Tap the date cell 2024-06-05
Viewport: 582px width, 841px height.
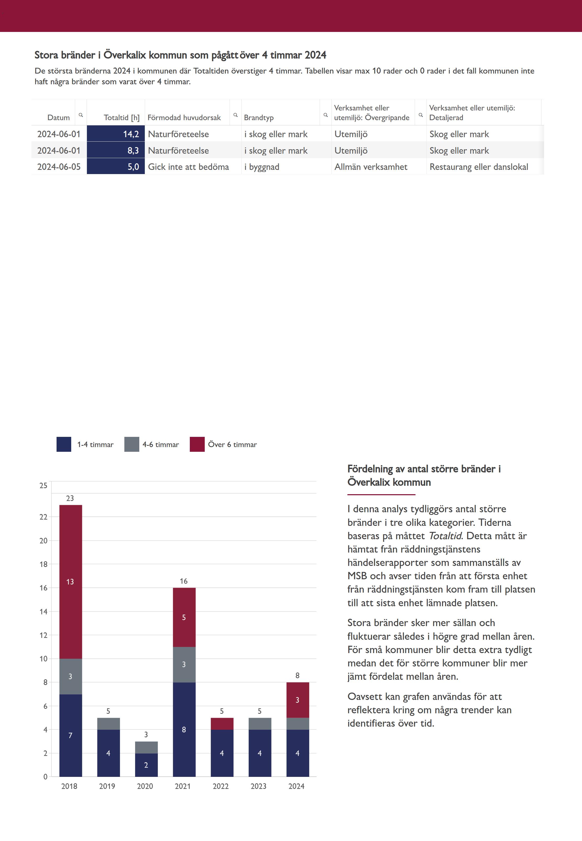59,167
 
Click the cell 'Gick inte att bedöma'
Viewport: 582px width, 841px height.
188,167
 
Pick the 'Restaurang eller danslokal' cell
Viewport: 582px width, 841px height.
478,167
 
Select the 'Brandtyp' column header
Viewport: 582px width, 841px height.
259,117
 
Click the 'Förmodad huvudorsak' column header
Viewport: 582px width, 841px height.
184,117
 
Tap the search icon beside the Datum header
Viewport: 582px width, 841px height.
81,115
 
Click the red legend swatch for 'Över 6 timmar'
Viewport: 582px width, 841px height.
197,444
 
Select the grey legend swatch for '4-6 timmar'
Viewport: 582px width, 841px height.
132,444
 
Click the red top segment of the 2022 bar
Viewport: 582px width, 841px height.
222,724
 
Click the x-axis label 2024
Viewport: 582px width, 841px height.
296,786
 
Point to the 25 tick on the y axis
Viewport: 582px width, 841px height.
43,486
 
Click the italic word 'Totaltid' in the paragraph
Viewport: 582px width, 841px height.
445,536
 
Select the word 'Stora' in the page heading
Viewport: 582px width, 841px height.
46,55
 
